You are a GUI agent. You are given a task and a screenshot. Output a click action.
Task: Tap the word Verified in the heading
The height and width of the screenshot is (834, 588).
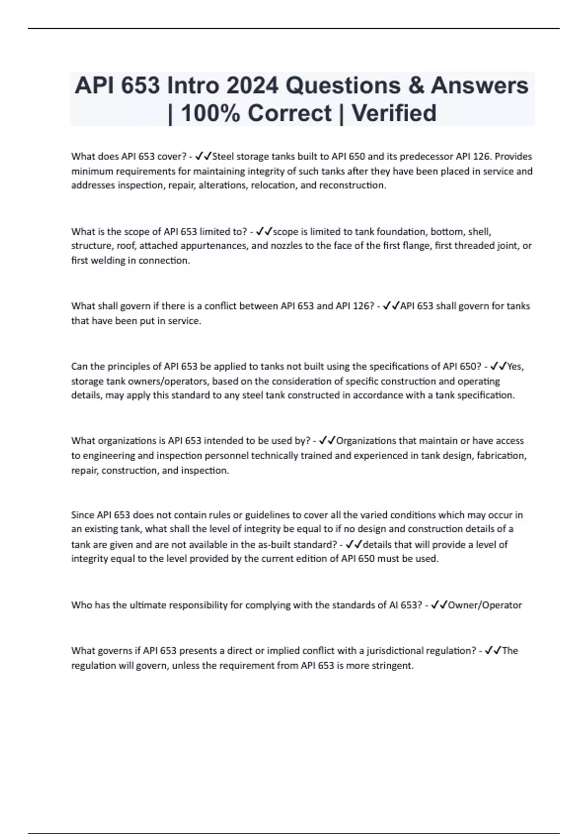coord(394,113)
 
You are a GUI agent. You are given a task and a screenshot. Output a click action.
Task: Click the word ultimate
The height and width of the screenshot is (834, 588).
coord(147,605)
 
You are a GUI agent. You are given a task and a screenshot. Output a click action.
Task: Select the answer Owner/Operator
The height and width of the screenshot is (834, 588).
coord(485,605)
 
